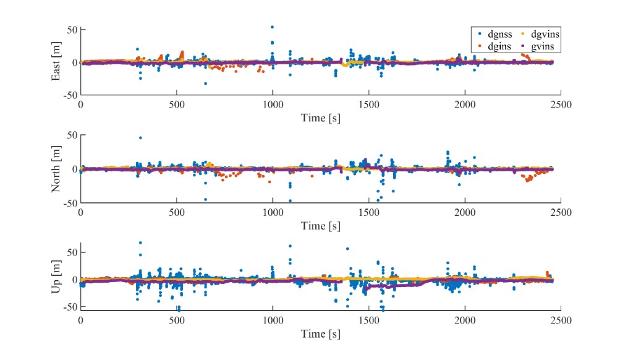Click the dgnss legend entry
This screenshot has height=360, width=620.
[x=495, y=35]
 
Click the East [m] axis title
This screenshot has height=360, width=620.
[x=56, y=62]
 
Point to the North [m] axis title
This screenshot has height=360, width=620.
[x=56, y=168]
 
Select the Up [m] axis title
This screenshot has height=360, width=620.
[x=56, y=280]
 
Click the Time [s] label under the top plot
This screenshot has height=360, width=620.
[x=320, y=118]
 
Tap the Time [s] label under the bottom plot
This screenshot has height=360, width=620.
[x=320, y=334]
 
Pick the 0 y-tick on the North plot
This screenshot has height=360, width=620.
[x=74, y=168]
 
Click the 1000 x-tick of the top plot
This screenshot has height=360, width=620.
[x=273, y=105]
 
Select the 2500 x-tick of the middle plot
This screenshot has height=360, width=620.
[x=561, y=212]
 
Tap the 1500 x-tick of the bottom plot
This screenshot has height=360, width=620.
[x=368, y=322]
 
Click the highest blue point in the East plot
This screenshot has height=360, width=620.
[x=272, y=27]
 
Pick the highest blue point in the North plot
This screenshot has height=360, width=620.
[x=140, y=138]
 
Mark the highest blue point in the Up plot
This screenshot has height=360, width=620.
[x=140, y=243]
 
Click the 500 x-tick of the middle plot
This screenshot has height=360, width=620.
[x=177, y=212]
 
